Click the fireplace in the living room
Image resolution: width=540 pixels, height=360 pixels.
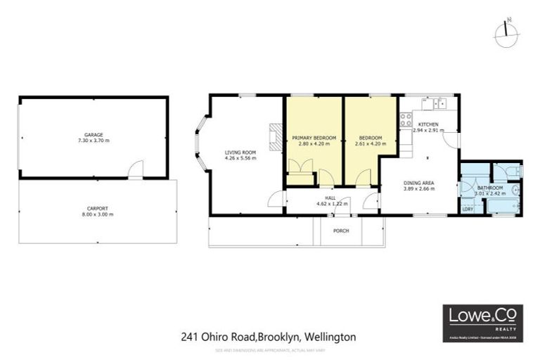[x=275, y=136]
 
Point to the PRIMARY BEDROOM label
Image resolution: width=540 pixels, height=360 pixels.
[x=314, y=137]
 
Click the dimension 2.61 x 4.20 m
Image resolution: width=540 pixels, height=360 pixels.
[x=371, y=143]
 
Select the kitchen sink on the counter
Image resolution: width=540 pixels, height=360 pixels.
[x=440, y=105]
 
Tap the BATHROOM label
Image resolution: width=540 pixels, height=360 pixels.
[x=490, y=188]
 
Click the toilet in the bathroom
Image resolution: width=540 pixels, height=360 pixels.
[x=512, y=170]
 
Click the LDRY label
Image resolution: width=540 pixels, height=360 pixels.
[x=467, y=208]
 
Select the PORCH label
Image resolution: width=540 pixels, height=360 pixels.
[x=341, y=231]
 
